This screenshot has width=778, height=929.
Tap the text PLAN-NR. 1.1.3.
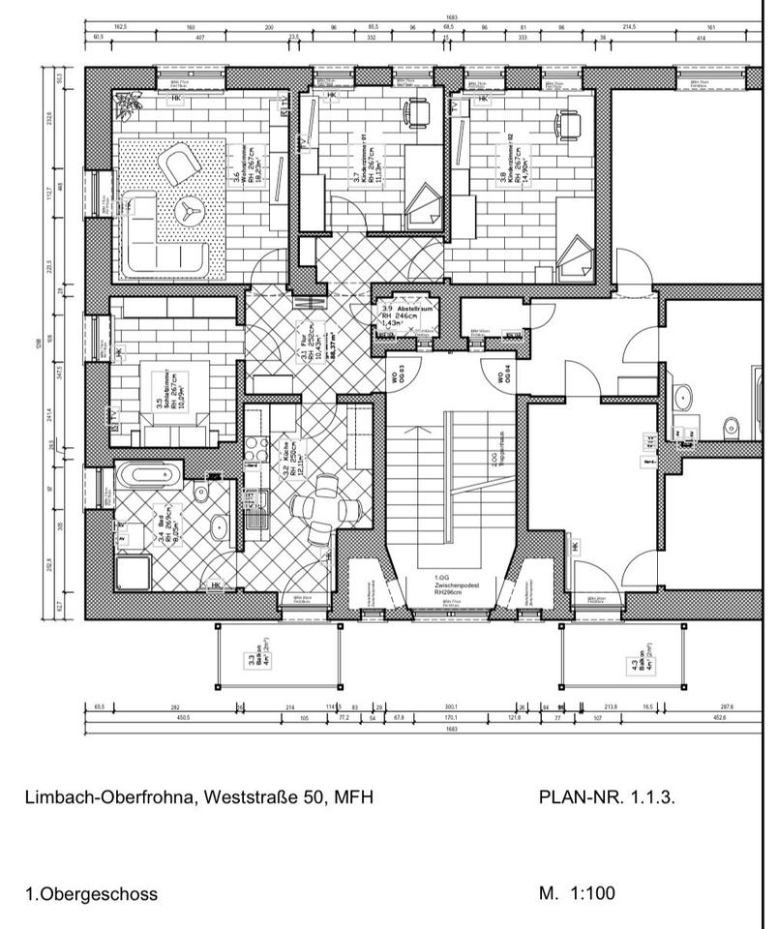point(606,798)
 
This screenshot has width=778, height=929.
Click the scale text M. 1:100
point(577,893)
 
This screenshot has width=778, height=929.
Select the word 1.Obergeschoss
point(92,894)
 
